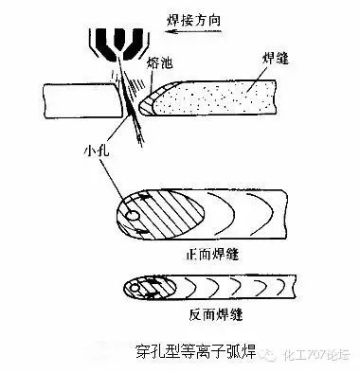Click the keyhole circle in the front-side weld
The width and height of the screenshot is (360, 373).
tap(135, 217)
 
